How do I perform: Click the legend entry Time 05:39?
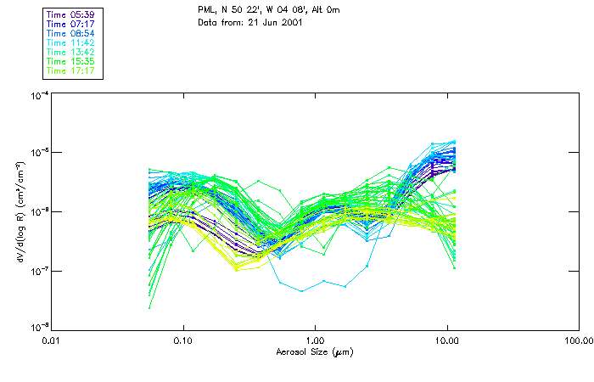[72, 14]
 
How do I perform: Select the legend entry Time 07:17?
[72, 24]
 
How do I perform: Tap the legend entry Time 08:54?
[72, 33]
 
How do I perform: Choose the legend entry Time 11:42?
[72, 42]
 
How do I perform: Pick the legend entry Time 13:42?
[72, 52]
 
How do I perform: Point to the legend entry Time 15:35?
[72, 61]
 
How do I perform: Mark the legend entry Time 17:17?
[72, 70]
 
